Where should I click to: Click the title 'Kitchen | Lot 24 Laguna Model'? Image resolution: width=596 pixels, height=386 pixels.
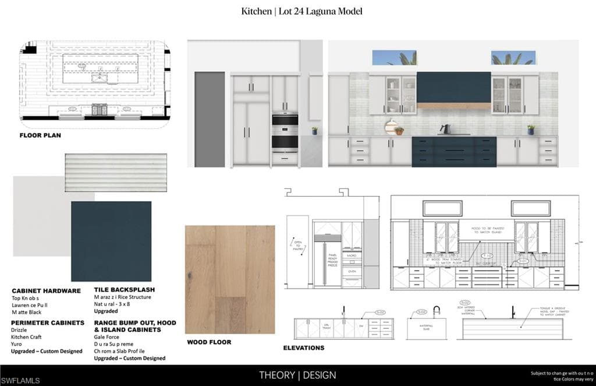pos(302,11)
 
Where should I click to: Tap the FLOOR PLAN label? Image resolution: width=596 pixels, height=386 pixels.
pos(40,135)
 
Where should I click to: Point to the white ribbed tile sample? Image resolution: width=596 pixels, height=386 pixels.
pos(116,172)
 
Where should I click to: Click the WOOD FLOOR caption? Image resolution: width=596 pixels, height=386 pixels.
pos(208,342)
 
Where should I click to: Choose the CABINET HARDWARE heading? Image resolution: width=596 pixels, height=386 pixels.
pos(46,290)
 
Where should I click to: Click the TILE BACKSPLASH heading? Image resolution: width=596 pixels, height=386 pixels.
pos(125,290)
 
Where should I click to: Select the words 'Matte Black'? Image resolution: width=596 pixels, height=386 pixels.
pos(27,312)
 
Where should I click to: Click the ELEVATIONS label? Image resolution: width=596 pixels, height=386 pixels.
pos(304,348)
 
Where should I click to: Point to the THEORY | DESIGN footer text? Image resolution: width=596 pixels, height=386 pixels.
pos(297,375)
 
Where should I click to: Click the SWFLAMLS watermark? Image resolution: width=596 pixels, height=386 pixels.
pos(20,380)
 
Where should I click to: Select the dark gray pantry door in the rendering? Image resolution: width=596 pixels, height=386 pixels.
pos(210,119)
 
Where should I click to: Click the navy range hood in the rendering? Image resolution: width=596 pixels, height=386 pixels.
pos(454,87)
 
